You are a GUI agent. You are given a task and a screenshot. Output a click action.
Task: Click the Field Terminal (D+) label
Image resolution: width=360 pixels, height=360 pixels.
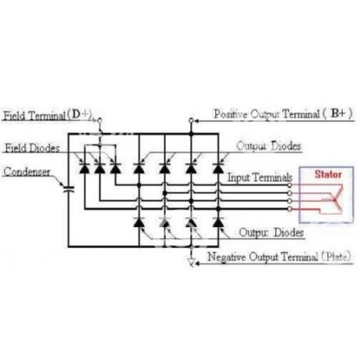pos(48,115)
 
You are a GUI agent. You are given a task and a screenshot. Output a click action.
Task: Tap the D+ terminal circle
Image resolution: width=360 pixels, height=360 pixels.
pos(99,121)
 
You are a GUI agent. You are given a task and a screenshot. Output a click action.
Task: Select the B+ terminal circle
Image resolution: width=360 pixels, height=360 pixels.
pos(191,121)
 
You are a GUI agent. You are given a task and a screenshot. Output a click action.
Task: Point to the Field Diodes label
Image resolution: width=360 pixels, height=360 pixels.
pos(32,148)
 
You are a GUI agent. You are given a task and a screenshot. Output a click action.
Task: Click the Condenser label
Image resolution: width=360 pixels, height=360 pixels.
pos(27,171)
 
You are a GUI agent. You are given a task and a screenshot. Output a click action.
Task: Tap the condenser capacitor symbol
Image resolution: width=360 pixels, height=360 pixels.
pos(69,189)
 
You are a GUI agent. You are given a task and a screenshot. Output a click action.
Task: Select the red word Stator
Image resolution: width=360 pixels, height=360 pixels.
pos(328,174)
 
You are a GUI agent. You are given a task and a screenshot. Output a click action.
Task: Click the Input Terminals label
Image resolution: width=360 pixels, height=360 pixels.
pos(260,178)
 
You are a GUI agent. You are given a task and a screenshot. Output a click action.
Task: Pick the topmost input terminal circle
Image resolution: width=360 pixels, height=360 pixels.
pos(290,185)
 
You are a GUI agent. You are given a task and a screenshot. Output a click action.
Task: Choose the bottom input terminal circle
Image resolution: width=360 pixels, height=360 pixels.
pos(290,209)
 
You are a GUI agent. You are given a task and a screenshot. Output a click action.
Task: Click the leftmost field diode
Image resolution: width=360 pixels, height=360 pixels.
pos(85,168)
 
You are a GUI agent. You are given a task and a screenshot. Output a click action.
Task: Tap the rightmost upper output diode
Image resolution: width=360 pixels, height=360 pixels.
pos(218,168)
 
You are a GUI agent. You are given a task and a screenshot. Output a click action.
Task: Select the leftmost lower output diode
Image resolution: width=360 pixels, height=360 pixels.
pos(139,222)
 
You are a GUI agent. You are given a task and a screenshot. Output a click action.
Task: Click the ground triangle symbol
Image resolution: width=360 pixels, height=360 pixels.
pos(192,262)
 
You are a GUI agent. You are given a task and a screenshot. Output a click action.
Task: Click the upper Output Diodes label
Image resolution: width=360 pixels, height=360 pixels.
pos(268,146)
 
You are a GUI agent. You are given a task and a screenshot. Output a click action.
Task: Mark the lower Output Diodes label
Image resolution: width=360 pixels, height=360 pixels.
pos(272,232)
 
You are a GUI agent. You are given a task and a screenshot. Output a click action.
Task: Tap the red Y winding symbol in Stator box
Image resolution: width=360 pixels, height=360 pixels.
pos(335,199)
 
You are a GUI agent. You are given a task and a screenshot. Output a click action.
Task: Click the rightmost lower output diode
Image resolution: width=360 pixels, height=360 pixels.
pos(218,222)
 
